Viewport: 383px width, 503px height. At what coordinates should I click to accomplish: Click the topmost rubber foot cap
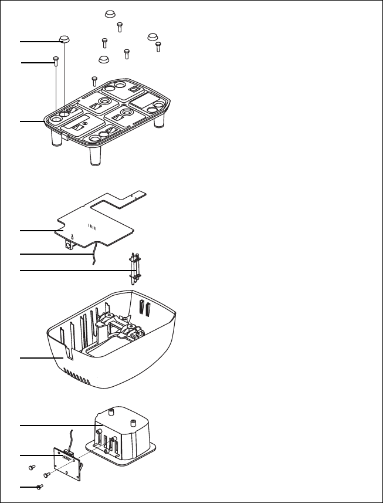click(x=109, y=14)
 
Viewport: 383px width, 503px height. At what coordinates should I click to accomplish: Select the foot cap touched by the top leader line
click(x=64, y=39)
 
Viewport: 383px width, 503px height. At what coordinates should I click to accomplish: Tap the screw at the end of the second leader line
click(x=55, y=59)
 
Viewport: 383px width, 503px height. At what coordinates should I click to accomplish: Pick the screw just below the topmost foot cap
click(x=120, y=26)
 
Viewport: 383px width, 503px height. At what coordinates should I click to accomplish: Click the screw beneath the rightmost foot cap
click(x=158, y=45)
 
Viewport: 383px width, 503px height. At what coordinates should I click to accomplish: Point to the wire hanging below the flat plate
click(x=91, y=257)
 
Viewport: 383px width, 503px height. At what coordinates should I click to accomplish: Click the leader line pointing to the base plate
click(x=29, y=121)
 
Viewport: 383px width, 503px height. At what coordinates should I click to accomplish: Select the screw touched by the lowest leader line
click(x=39, y=487)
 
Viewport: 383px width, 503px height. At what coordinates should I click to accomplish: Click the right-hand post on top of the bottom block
click(x=133, y=422)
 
